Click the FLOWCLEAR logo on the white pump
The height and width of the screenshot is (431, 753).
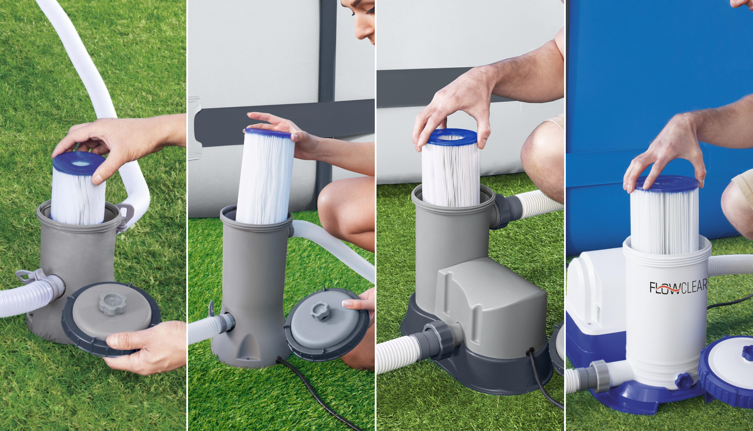tap(678, 287)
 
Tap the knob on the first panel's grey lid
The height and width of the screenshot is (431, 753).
tap(111, 304)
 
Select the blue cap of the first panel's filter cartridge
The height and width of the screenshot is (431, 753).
tap(79, 163)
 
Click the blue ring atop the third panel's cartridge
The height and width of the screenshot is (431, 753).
tap(452, 137)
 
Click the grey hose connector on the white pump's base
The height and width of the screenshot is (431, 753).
tap(599, 375)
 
